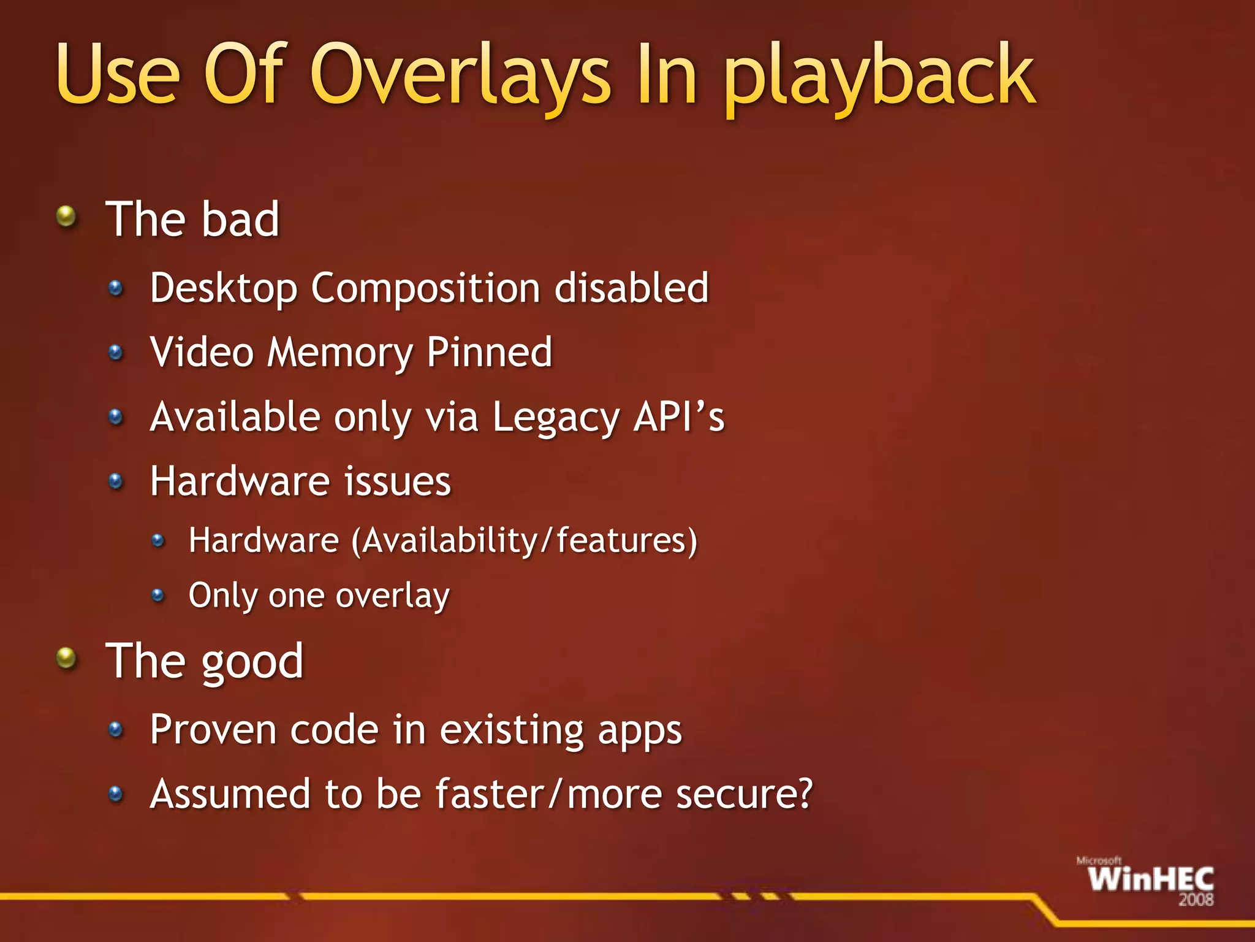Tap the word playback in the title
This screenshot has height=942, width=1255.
pyautogui.click(x=880, y=77)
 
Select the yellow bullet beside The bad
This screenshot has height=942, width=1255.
pyautogui.click(x=66, y=216)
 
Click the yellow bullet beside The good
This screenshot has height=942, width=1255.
pyautogui.click(x=66, y=659)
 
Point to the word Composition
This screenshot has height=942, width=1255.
pyautogui.click(x=425, y=288)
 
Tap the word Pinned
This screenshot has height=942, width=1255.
pyautogui.click(x=489, y=352)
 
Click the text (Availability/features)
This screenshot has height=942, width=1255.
pyautogui.click(x=525, y=541)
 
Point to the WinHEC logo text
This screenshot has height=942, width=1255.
pyautogui.click(x=1151, y=879)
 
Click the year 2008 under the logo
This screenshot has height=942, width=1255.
pyautogui.click(x=1196, y=900)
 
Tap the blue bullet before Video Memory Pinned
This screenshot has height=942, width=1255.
pyautogui.click(x=116, y=353)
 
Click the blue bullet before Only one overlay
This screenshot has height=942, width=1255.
pyautogui.click(x=158, y=595)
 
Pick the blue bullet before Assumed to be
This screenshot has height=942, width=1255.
pyautogui.click(x=116, y=795)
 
